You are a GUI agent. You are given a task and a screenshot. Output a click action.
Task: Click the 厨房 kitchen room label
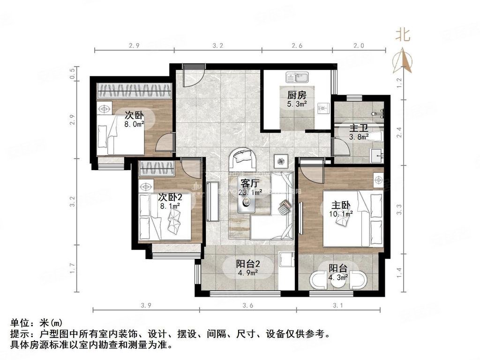point(297,94)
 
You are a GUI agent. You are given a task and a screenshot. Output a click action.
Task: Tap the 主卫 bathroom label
point(359,127)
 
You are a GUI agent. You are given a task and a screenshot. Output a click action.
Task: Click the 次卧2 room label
point(170,197)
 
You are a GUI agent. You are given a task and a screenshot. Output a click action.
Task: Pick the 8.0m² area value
point(134,124)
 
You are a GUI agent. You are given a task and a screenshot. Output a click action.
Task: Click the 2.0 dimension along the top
point(359,45)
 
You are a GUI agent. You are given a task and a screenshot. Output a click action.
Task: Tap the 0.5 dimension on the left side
point(72,73)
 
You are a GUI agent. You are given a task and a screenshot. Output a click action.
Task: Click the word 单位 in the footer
point(21,323)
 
